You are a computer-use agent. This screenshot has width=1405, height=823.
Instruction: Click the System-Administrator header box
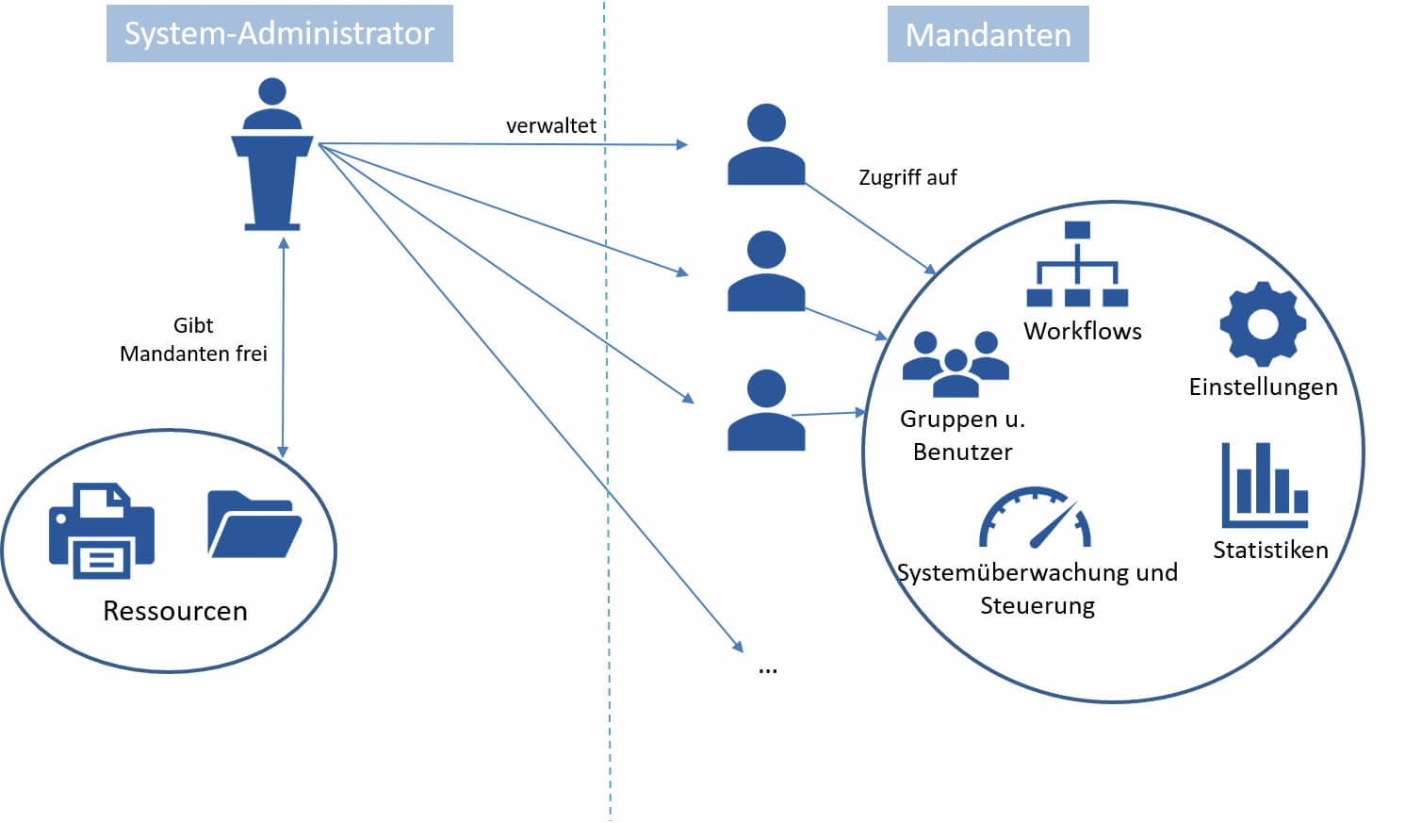[279, 34]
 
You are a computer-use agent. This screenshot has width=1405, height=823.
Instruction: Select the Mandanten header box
[988, 35]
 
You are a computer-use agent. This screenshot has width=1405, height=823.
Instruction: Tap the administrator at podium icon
[272, 156]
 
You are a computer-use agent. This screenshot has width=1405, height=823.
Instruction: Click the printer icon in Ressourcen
[102, 530]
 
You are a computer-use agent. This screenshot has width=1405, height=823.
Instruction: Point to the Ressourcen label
[175, 611]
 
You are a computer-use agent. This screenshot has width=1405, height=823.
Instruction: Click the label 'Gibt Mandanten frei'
[193, 339]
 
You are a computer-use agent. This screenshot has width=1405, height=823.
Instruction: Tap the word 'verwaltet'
[551, 125]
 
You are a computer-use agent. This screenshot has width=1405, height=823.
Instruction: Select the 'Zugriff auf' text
[907, 177]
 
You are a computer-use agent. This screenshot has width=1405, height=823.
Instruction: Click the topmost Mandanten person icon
[766, 145]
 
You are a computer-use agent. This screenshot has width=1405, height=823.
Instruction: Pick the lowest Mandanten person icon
[766, 410]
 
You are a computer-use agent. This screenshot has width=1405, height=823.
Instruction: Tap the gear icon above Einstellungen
[1263, 323]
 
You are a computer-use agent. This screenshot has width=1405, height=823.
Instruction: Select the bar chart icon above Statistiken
[1265, 486]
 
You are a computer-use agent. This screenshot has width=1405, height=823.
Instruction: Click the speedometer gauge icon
[1035, 518]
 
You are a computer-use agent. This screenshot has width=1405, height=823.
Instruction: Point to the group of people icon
[956, 364]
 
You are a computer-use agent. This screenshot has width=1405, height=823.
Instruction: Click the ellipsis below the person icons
[768, 668]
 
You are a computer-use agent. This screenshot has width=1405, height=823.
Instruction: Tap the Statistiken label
[1270, 550]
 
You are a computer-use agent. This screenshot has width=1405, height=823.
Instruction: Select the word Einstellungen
[1263, 387]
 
